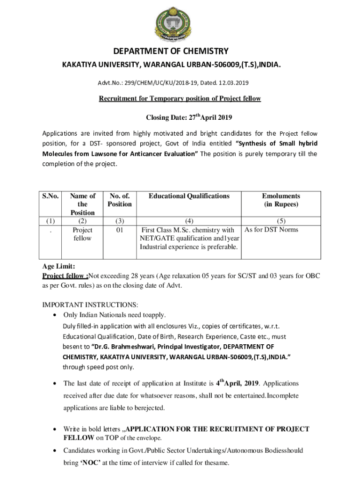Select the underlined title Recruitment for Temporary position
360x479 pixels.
(180, 99)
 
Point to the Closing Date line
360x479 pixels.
(180, 117)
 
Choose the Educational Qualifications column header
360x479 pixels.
(189, 196)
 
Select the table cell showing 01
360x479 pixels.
(119, 230)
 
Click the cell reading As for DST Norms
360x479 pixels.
(271, 230)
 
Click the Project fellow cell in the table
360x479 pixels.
(82, 234)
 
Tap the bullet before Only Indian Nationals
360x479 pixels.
(56, 315)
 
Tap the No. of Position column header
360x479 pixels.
(119, 200)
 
